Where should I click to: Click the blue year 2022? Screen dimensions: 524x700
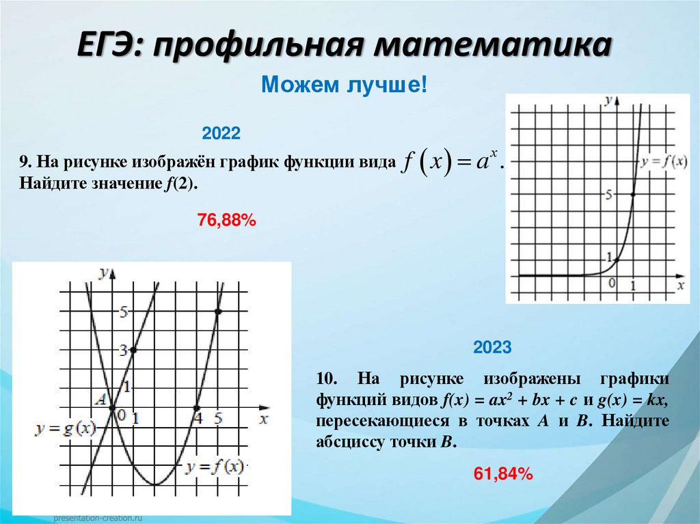221,133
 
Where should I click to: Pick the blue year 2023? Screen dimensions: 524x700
492,348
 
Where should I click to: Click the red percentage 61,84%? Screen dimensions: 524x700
502,473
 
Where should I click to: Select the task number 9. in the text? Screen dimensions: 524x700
26,162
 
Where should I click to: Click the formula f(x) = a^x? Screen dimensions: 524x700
453,163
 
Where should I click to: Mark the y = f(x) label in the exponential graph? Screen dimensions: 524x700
664,162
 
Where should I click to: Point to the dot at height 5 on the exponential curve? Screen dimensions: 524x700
632,195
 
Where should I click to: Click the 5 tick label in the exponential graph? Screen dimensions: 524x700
608,195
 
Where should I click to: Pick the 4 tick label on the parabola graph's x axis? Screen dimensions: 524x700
198,417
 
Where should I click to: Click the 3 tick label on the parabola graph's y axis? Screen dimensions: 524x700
124,350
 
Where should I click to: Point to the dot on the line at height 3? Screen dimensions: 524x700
133,350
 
